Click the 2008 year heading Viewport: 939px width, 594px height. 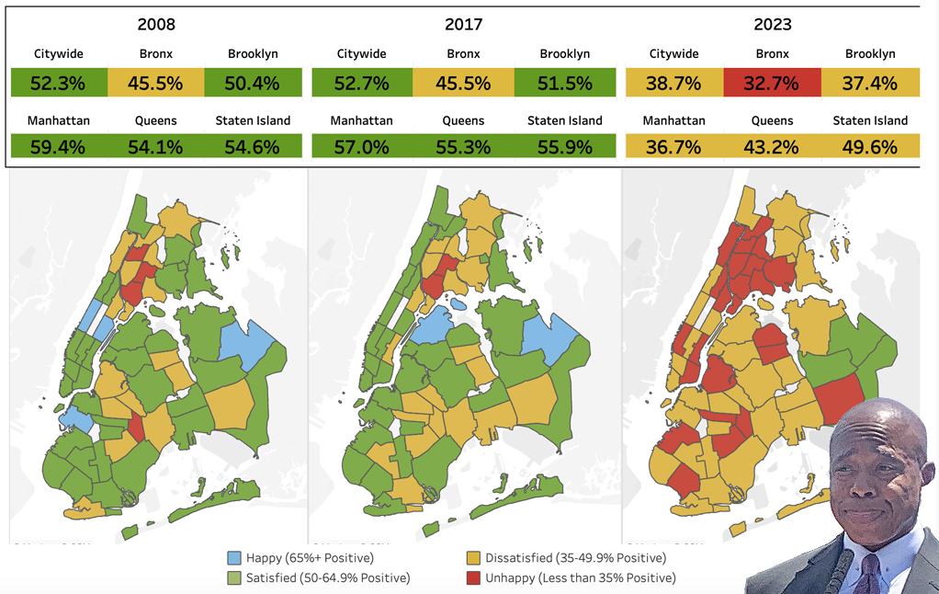[x=156, y=25]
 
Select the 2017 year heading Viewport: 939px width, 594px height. [x=462, y=25]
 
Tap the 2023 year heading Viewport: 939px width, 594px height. [x=772, y=25]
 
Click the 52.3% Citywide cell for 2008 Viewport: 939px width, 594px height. [x=58, y=84]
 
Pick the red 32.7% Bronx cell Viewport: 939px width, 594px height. [x=772, y=84]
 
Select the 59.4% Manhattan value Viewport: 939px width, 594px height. [x=58, y=147]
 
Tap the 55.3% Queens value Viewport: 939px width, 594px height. [x=463, y=147]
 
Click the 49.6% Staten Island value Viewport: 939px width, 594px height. [x=870, y=147]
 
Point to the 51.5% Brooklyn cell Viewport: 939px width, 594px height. [x=565, y=84]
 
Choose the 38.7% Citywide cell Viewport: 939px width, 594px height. [x=673, y=84]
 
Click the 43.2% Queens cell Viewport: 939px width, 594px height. [x=772, y=147]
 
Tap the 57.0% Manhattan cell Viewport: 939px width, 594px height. [x=361, y=147]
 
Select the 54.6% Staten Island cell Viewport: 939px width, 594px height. [x=253, y=147]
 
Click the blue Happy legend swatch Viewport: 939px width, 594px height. [x=235, y=558]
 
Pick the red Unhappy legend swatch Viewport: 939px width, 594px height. [x=475, y=577]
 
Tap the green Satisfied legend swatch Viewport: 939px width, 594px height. [x=235, y=577]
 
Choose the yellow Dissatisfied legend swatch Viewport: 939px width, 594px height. [x=475, y=558]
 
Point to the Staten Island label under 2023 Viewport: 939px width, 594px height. [x=870, y=120]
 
